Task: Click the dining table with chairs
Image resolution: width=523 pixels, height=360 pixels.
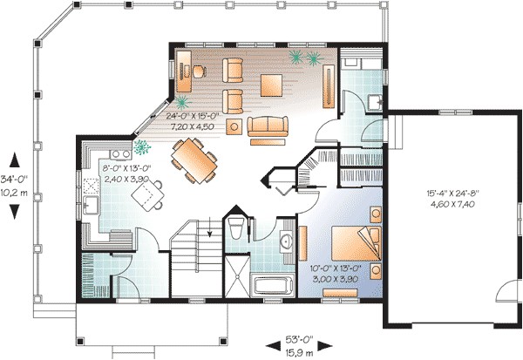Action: [194, 161]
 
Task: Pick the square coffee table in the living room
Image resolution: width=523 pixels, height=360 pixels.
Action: [270, 85]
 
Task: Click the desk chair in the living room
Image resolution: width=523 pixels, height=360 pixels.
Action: [199, 70]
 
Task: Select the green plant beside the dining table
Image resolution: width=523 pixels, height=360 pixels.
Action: [141, 146]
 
